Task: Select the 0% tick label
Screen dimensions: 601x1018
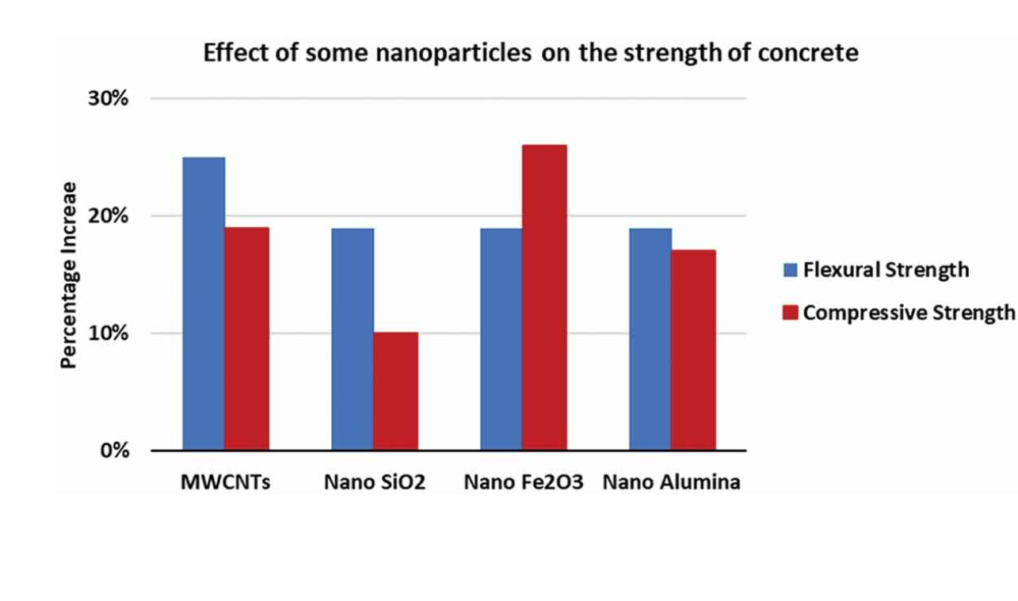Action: (115, 451)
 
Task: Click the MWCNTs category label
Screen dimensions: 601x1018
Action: (226, 482)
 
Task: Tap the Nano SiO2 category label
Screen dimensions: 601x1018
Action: (374, 482)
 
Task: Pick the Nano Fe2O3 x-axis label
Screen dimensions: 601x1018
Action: (523, 482)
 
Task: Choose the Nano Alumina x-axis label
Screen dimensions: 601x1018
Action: (672, 482)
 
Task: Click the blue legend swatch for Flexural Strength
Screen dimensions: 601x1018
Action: (790, 270)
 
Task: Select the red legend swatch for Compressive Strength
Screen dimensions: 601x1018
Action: (790, 313)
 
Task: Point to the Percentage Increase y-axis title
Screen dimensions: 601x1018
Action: (69, 275)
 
